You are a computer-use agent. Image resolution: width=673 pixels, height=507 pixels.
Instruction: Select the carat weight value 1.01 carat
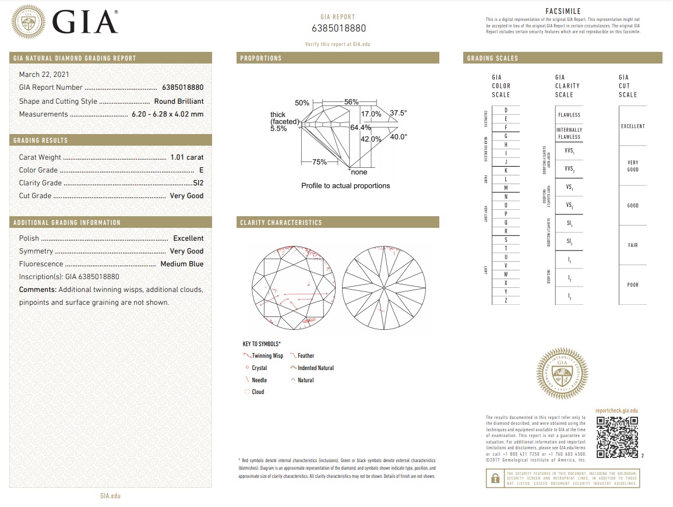tap(186, 157)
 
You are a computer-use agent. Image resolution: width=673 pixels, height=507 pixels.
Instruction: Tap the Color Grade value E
tap(201, 170)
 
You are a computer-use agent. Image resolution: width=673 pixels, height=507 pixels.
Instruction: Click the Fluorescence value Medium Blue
tap(182, 264)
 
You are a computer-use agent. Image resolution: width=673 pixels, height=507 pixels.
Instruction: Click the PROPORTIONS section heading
tap(260, 58)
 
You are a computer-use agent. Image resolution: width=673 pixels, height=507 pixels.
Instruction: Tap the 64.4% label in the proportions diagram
tap(361, 127)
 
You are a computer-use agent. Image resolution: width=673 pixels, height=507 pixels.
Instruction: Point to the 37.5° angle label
tap(399, 113)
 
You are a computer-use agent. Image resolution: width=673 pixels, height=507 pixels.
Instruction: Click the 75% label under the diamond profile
tap(319, 162)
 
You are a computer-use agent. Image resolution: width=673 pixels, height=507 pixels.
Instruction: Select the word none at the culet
tap(360, 172)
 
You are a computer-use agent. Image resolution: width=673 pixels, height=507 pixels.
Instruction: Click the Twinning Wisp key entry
tap(267, 355)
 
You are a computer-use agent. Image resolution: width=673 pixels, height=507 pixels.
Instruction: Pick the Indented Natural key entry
tap(315, 368)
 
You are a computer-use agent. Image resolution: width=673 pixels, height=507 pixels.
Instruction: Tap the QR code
tap(618, 437)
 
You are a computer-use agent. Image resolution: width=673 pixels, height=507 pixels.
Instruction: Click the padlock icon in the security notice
tap(495, 478)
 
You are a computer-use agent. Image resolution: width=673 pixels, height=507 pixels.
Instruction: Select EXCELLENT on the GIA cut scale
tap(632, 126)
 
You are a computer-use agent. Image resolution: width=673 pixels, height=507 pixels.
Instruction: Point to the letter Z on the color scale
tap(505, 300)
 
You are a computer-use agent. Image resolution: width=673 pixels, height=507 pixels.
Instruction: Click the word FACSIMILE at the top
tap(563, 12)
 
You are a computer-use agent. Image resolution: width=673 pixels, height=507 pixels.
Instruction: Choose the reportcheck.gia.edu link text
tap(616, 411)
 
